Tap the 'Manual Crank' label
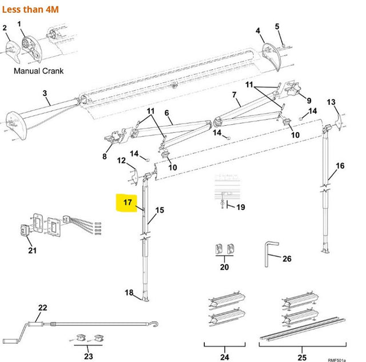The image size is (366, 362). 38,71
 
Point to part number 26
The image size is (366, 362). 287,259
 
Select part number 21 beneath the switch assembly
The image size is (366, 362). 32,249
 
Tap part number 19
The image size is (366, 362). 240,207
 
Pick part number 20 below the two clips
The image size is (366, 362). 224,267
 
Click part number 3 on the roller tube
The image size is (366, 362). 45,93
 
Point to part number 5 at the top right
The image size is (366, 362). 277,26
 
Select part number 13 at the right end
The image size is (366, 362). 331,102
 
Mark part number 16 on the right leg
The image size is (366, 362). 340,166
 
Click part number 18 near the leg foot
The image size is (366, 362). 129,293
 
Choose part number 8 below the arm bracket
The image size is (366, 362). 105,156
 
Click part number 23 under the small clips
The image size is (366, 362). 87,356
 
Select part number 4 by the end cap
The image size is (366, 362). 258,30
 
